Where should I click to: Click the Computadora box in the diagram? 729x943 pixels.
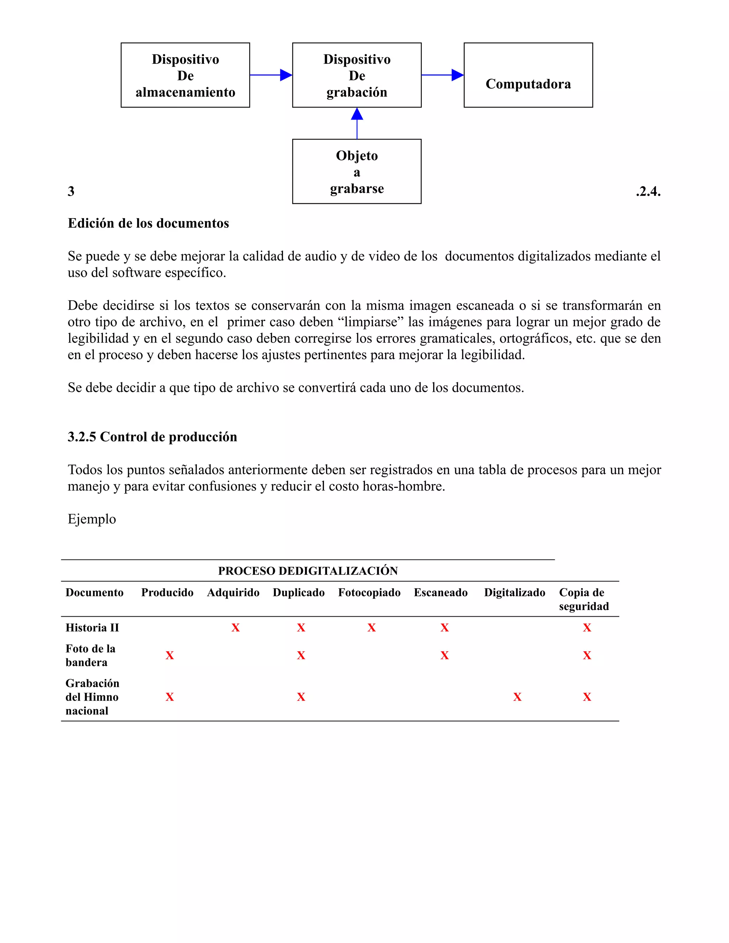[x=528, y=75]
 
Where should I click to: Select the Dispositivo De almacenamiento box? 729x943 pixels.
[x=185, y=75]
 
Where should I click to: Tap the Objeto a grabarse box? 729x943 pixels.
[x=357, y=172]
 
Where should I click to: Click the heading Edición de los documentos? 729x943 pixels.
[x=148, y=223]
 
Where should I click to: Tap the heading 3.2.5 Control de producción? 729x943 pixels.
[x=152, y=437]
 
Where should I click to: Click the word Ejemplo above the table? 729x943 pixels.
[x=91, y=519]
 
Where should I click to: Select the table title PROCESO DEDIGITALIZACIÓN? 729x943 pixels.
[x=308, y=571]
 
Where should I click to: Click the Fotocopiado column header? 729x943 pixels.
[x=369, y=592]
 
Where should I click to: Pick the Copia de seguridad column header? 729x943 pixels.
[x=583, y=599]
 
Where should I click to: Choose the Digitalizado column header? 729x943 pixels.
[x=514, y=592]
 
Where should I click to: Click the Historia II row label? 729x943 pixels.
[x=92, y=628]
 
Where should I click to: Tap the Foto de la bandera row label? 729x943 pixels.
[x=90, y=655]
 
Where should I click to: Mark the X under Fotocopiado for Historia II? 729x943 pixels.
[x=371, y=628]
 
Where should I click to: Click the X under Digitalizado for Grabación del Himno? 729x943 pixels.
[x=517, y=697]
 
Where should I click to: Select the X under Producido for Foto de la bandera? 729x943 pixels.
[x=170, y=655]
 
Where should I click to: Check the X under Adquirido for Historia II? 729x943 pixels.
[x=235, y=628]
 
